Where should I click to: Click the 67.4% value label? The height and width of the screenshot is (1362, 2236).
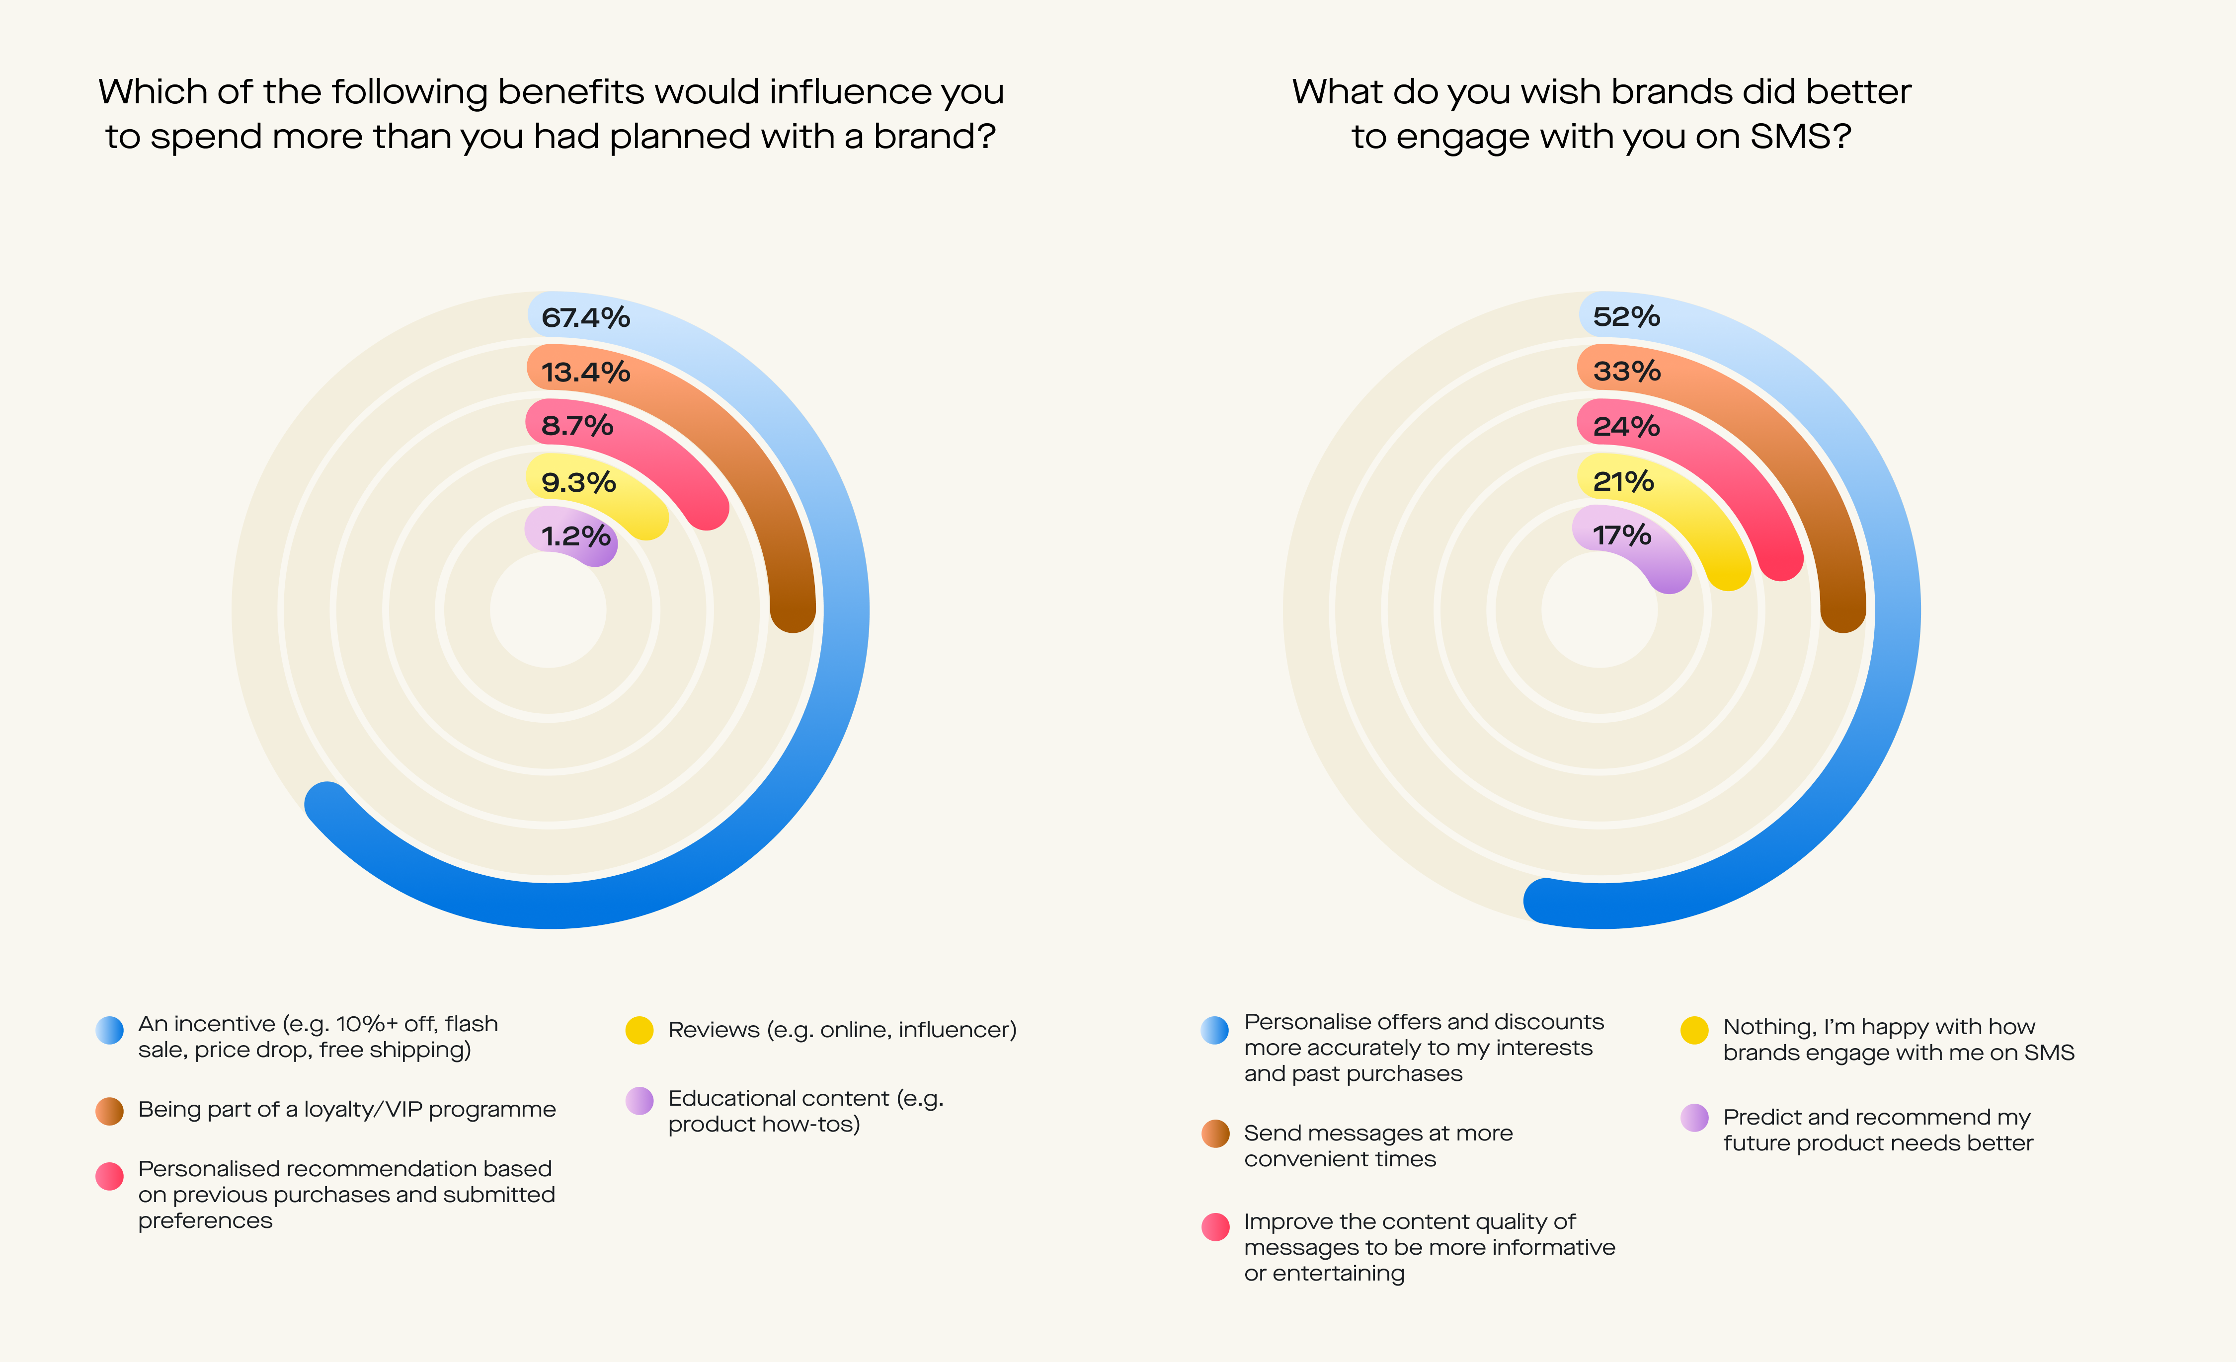pyautogui.click(x=585, y=317)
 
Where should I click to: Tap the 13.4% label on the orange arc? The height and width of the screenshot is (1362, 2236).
pyautogui.click(x=585, y=372)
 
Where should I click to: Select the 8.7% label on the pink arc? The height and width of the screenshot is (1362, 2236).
pyautogui.click(x=577, y=426)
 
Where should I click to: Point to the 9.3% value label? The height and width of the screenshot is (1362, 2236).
pyautogui.click(x=578, y=482)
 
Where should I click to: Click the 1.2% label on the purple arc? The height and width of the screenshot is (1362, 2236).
pyautogui.click(x=575, y=536)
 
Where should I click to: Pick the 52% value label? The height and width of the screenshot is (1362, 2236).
pyautogui.click(x=1626, y=317)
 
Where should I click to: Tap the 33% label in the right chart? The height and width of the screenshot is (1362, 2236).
pyautogui.click(x=1626, y=371)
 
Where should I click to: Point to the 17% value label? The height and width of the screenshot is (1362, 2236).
pyautogui.click(x=1621, y=535)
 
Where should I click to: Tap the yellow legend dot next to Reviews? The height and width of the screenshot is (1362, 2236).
pyautogui.click(x=639, y=1030)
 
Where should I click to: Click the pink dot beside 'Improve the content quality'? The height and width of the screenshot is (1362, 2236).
pyautogui.click(x=1215, y=1227)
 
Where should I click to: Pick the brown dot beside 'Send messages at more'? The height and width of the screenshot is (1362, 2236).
pyautogui.click(x=1215, y=1134)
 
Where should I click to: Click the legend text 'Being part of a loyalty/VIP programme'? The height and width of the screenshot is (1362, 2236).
pyautogui.click(x=347, y=1110)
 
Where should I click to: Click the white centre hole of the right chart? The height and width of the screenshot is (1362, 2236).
pyautogui.click(x=1599, y=610)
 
